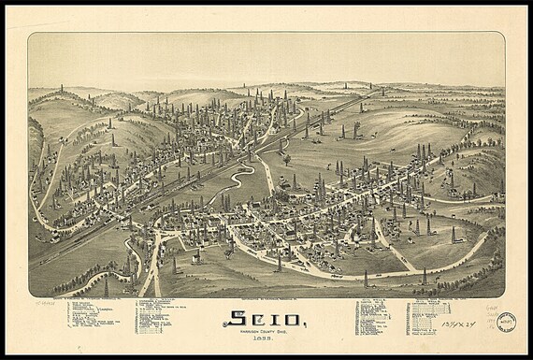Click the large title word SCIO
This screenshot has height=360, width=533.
tap(266, 320)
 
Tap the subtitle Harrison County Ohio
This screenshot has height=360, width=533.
tap(266, 334)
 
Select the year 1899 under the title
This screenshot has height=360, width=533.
tap(266, 341)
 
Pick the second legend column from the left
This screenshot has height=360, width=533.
tap(155, 318)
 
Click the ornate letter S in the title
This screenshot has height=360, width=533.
tap(235, 320)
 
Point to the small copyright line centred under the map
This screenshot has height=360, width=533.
tap(266, 304)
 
